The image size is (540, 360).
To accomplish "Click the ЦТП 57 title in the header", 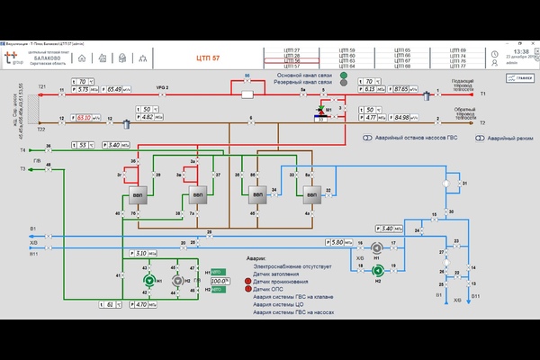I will click(x=208, y=57).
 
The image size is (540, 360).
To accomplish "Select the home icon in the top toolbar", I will click(x=82, y=58).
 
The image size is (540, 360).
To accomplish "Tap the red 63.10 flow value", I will click(x=85, y=117).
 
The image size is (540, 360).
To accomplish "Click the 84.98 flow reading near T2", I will click(x=401, y=117).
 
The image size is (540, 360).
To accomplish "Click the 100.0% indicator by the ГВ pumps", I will click(x=220, y=281).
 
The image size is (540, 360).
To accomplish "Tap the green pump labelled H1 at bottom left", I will click(x=149, y=281).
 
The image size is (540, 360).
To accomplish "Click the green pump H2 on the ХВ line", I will click(x=379, y=269).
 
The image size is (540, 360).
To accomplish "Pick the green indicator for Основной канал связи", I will click(x=346, y=75).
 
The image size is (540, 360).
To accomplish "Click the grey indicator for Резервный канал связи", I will click(x=346, y=83).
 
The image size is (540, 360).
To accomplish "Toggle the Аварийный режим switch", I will click(x=481, y=139).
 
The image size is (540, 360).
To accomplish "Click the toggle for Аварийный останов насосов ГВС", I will click(x=368, y=139).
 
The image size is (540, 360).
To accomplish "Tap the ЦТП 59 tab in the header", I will click(x=346, y=50).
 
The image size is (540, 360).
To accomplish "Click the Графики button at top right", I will click(x=524, y=78).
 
